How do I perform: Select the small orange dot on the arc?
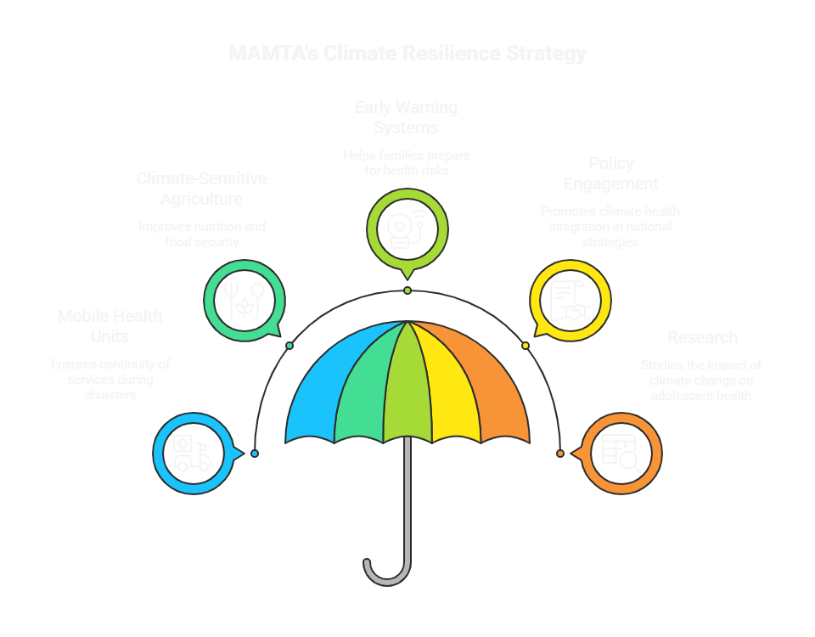(x=560, y=454)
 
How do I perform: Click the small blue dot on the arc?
(x=255, y=454)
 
